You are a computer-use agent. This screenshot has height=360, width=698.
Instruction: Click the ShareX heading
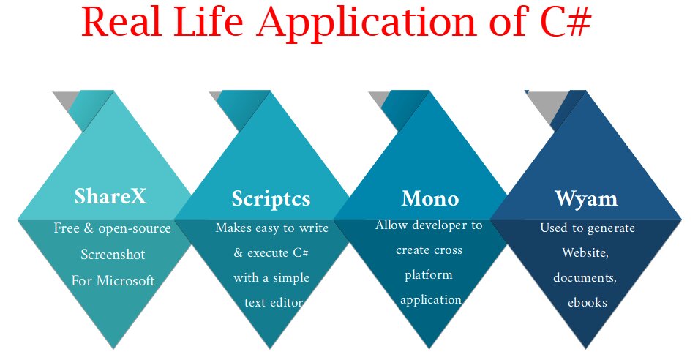pos(110,196)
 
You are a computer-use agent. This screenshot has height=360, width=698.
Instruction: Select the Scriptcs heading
pos(271,198)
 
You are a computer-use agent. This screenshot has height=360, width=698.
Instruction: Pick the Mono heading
pos(430,198)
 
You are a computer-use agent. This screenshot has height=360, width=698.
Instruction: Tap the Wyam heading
pos(586,198)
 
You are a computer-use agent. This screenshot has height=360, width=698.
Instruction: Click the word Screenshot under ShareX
pos(113,255)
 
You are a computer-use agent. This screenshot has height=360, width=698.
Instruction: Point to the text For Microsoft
pos(113,280)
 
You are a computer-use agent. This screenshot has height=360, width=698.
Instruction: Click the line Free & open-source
pos(113,229)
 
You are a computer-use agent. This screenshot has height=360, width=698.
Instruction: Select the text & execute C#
pos(271,253)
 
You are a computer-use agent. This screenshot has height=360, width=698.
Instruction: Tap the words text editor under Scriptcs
pos(273,301)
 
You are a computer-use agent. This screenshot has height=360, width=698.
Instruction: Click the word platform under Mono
pos(429,275)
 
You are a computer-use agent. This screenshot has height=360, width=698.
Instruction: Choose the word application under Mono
pos(431,299)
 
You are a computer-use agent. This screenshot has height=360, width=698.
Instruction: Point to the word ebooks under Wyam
pos(588,302)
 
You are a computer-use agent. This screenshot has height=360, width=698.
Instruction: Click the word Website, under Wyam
pos(585,252)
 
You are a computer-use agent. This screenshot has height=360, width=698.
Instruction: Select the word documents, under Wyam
pos(585,277)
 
